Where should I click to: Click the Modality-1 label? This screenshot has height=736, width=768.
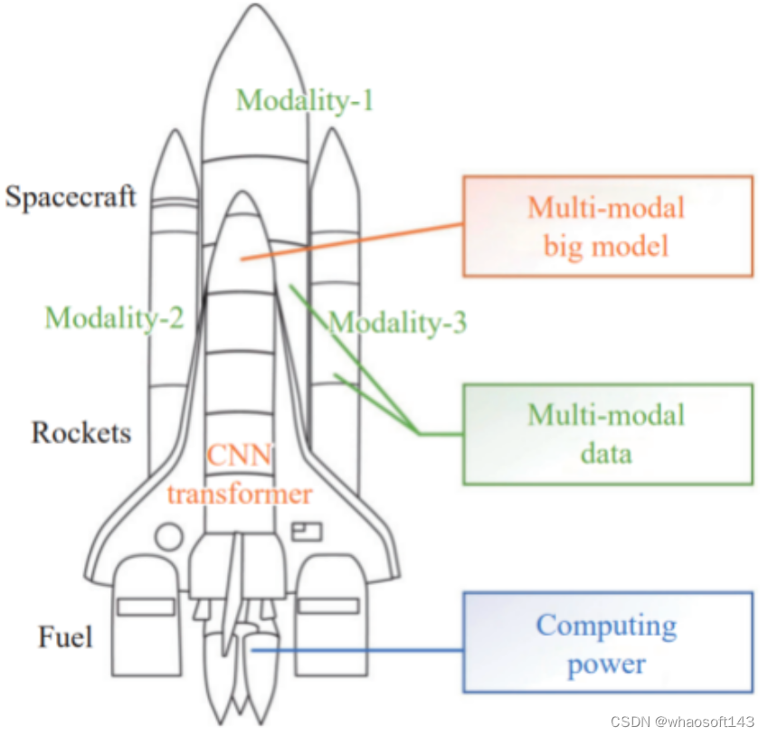tap(304, 99)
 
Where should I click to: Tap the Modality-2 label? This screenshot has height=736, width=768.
tap(114, 317)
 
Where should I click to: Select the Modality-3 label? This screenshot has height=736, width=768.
tap(397, 322)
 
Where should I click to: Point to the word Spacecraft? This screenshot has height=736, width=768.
tap(71, 196)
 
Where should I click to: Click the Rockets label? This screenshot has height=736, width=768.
tap(81, 432)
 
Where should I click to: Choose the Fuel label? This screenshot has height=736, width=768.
tap(65, 637)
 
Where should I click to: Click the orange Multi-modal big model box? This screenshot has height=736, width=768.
tap(607, 225)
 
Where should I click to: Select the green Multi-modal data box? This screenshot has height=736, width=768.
tap(607, 434)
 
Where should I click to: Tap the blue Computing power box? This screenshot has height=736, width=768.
tap(607, 643)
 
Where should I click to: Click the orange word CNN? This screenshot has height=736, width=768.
tap(240, 455)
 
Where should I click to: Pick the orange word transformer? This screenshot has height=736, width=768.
tap(240, 494)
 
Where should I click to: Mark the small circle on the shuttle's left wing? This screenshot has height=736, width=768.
tap(168, 536)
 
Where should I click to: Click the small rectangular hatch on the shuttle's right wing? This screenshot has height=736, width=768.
tap(305, 528)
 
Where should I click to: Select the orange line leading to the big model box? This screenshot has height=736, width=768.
tap(353, 241)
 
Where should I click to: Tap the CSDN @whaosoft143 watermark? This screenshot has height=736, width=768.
tap(683, 722)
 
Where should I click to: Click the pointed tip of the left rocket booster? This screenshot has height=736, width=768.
tap(173, 133)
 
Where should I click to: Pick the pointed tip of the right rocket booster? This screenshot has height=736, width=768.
tap(334, 133)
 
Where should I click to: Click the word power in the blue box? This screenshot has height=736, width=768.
tap(606, 665)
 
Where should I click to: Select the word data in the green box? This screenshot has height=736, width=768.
tap(606, 452)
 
